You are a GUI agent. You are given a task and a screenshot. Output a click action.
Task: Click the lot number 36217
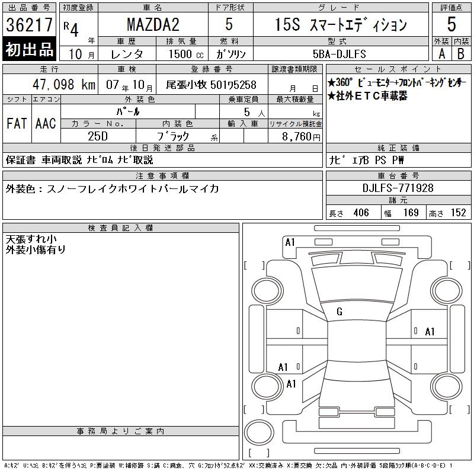[x=29, y=25]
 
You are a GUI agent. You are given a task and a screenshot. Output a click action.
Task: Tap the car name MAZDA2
[x=153, y=25]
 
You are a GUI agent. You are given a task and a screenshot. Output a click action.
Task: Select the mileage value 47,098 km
[x=64, y=85]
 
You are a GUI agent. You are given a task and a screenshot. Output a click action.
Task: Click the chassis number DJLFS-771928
[x=398, y=188]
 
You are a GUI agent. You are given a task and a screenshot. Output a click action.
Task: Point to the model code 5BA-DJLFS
[x=339, y=54]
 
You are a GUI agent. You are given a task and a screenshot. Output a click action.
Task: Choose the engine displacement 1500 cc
[x=186, y=54]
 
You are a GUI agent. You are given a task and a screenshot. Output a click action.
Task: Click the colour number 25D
[x=98, y=136]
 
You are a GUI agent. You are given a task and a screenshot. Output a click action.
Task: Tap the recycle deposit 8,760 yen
[x=301, y=137]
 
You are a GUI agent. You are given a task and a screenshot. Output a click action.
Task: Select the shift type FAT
[x=17, y=123]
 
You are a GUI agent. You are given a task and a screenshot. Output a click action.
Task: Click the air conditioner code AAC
[x=46, y=123]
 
